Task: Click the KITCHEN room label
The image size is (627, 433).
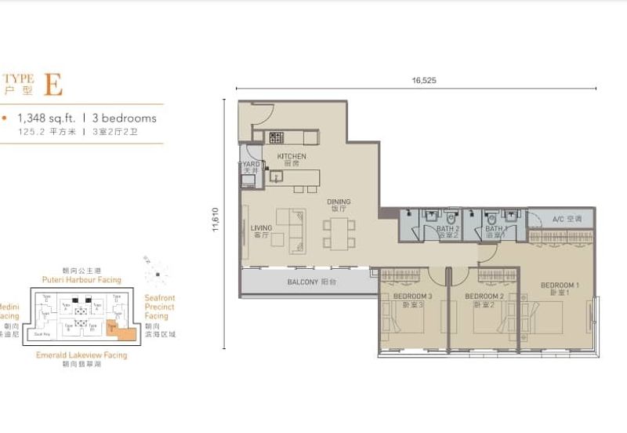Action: [292, 157]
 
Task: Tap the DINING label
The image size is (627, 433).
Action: [339, 202]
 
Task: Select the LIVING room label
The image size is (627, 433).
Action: [261, 229]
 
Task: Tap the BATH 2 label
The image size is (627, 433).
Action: [448, 229]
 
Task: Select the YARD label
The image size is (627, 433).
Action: [249, 165]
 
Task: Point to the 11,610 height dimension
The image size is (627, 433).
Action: [214, 224]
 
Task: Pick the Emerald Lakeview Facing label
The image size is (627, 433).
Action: [81, 355]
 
